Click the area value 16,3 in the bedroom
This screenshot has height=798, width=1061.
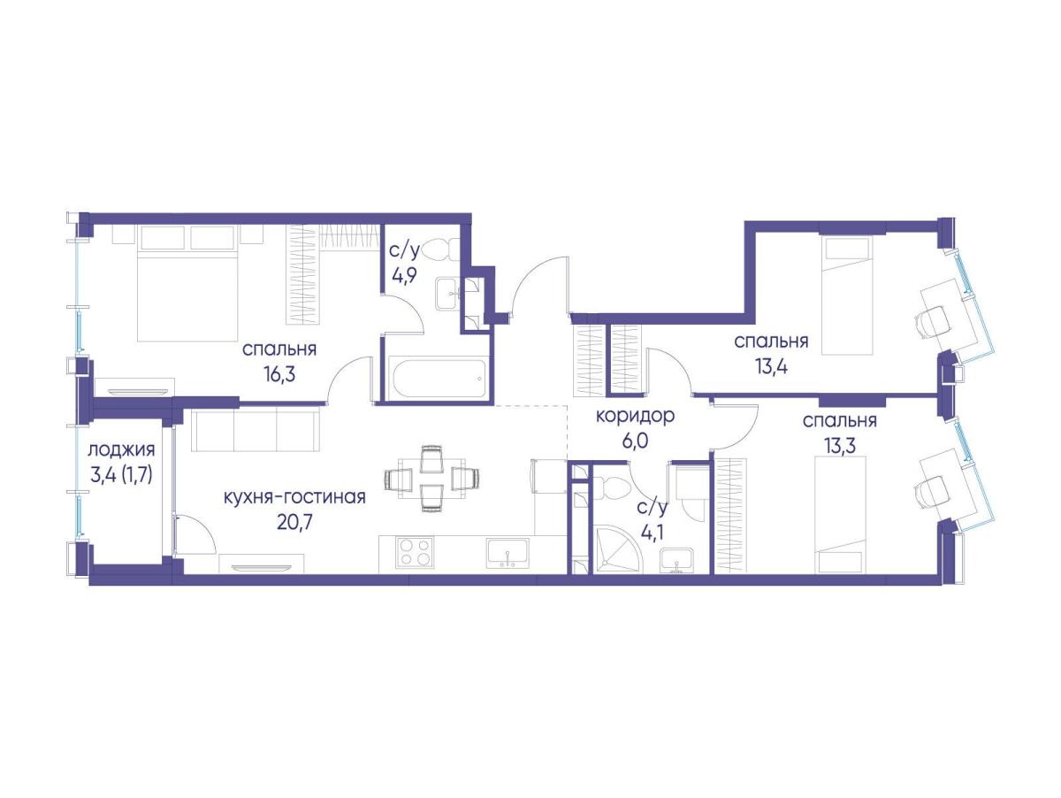pyautogui.click(x=279, y=374)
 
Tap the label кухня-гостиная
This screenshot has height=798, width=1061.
pyautogui.click(x=294, y=496)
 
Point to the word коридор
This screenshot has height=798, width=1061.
pyautogui.click(x=635, y=416)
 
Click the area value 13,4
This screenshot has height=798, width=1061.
pyautogui.click(x=772, y=367)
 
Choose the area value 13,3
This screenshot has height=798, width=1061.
pyautogui.click(x=840, y=446)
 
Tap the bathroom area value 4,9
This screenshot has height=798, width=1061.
pyautogui.click(x=403, y=277)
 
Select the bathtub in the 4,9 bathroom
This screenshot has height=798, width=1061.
pyautogui.click(x=439, y=379)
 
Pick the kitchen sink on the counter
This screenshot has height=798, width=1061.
pyautogui.click(x=508, y=553)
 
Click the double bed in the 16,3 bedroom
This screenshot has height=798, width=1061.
pyautogui.click(x=187, y=282)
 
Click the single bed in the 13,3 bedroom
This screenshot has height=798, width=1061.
pyautogui.click(x=841, y=515)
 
